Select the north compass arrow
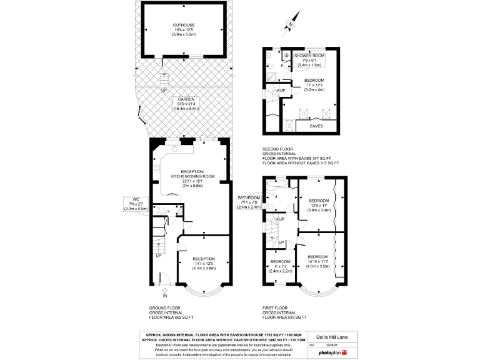coord(289,25)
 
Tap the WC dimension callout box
coord(135,204)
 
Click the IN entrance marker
coord(166,296)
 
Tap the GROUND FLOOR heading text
coord(166,309)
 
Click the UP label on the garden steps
coord(164,91)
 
